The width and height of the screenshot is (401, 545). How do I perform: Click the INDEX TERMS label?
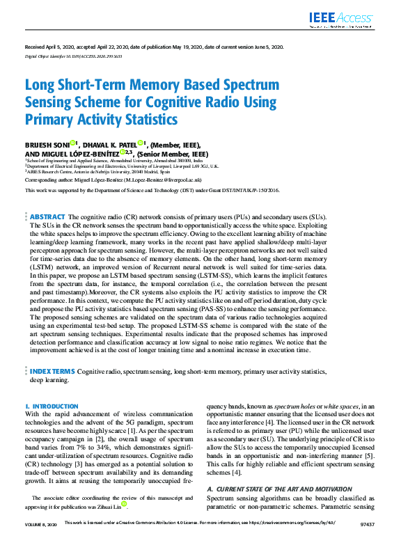point(52,372)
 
